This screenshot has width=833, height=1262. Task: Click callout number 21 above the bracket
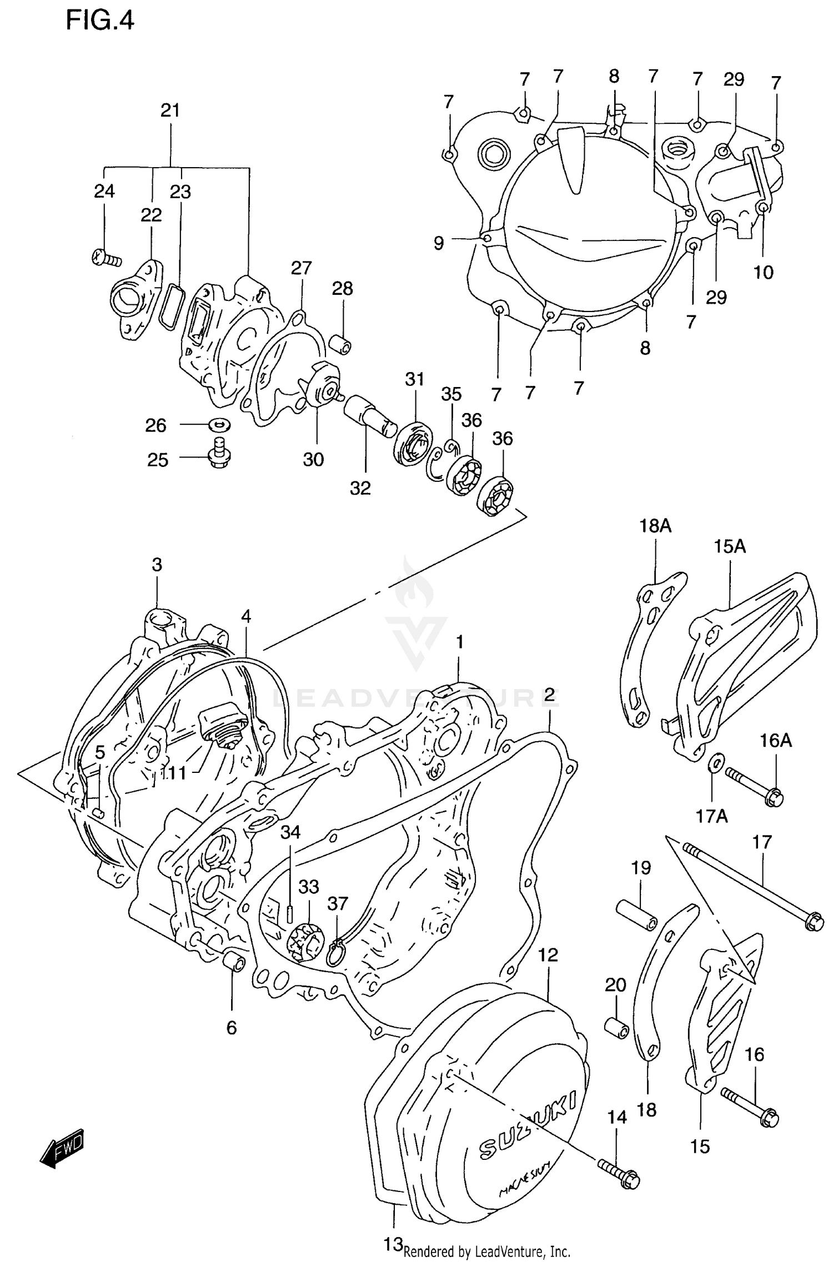tap(170, 110)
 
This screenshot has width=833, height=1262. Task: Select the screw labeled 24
tap(106, 258)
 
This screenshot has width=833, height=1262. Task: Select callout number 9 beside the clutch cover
tap(439, 243)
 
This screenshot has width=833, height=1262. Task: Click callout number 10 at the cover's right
tap(763, 272)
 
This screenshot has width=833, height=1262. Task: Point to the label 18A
tap(655, 525)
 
